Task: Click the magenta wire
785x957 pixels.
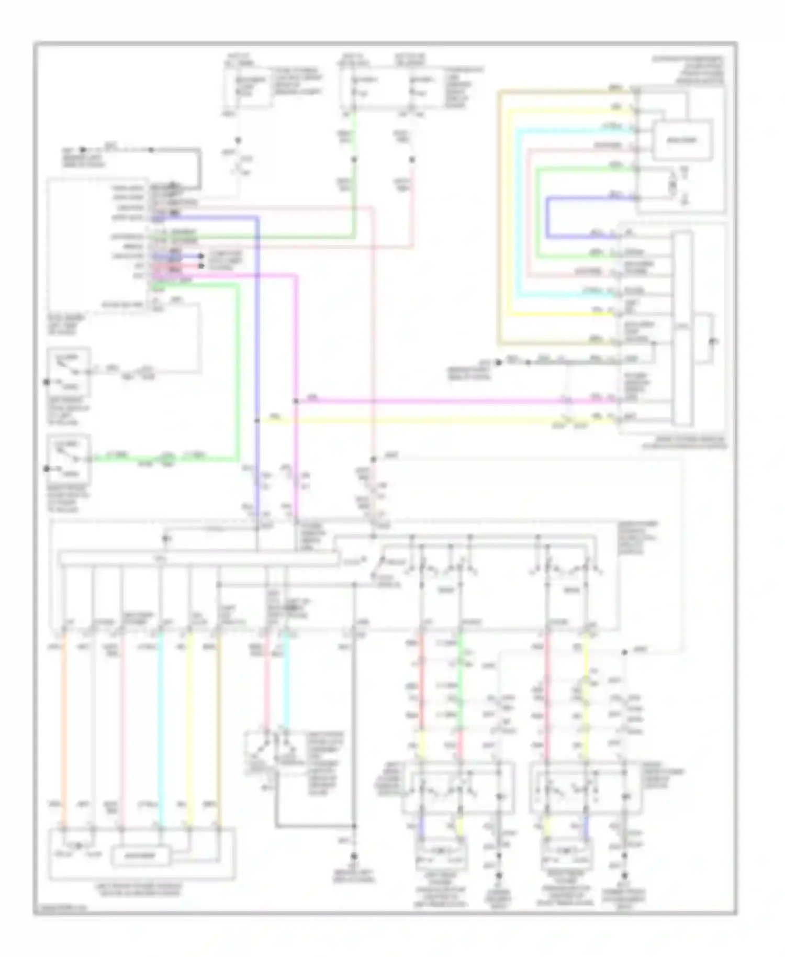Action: click(445, 401)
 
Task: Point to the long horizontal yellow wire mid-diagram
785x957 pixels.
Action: click(419, 420)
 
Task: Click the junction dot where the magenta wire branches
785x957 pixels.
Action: click(296, 402)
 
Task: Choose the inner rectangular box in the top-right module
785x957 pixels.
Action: click(682, 140)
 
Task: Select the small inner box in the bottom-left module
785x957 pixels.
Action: click(140, 856)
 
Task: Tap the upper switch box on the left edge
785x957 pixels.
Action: click(69, 372)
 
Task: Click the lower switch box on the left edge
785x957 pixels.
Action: click(69, 459)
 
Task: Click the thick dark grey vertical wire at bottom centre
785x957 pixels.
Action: click(354, 733)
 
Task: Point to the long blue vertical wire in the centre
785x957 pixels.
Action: click(257, 366)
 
